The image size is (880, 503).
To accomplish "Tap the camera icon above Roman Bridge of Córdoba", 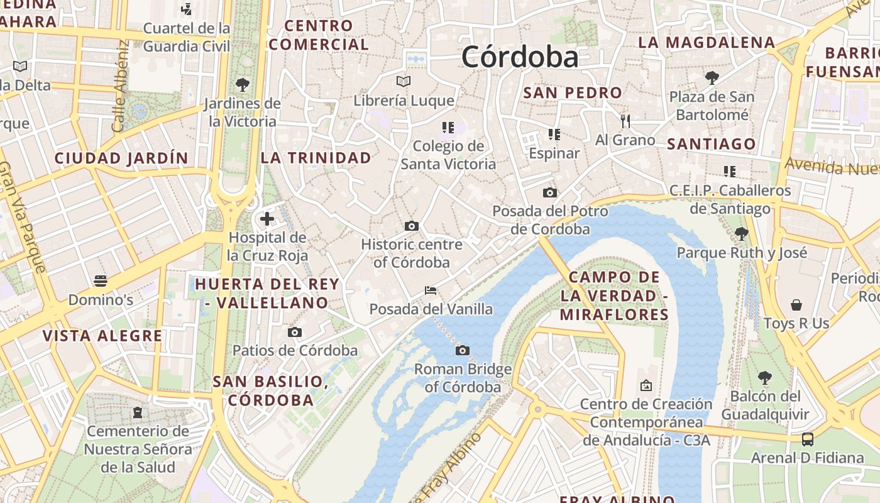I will (x=463, y=350).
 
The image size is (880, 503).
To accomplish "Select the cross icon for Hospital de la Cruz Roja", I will (x=267, y=219).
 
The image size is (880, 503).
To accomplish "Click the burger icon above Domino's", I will (x=101, y=280).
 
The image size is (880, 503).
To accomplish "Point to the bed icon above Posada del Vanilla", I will (x=431, y=290).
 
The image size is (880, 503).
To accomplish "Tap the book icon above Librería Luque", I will (x=404, y=81).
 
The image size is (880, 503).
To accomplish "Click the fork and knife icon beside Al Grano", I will (x=625, y=121).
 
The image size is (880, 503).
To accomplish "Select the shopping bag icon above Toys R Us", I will (x=796, y=305).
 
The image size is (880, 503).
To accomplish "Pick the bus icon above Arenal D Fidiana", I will (x=808, y=439).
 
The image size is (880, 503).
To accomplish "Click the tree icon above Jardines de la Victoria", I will (x=242, y=84).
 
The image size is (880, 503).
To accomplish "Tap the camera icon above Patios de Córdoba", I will (x=294, y=332).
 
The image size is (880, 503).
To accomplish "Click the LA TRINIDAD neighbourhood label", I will (x=316, y=158).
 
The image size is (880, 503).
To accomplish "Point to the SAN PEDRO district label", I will (x=573, y=92).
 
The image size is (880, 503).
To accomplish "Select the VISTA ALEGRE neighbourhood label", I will (x=102, y=336).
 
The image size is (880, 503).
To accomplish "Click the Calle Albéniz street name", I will (x=119, y=86).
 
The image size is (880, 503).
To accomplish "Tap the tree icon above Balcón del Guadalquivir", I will (x=764, y=377).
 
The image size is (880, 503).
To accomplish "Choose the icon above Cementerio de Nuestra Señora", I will (x=138, y=412).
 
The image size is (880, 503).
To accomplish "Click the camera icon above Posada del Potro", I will (x=550, y=192).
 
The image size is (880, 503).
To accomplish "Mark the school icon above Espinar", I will (x=554, y=134).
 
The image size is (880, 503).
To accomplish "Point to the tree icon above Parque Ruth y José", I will (x=742, y=234).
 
